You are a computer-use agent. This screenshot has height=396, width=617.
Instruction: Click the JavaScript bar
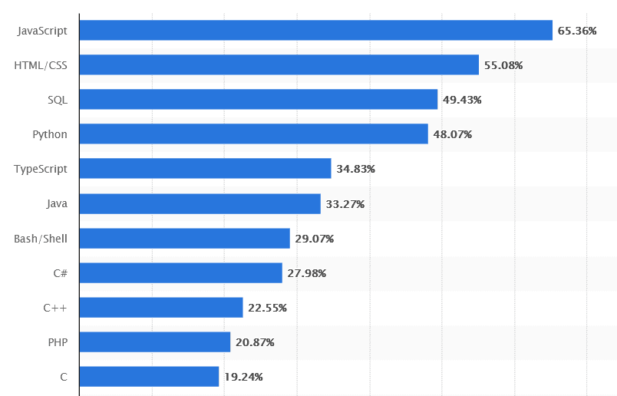[x=315, y=30]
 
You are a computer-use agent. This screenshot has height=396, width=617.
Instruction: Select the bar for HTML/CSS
[x=279, y=64]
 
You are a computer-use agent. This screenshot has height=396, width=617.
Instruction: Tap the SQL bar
[x=258, y=99]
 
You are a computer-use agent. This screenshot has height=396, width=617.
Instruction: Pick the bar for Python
[x=253, y=134]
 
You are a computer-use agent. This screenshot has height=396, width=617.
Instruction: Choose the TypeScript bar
[x=205, y=168]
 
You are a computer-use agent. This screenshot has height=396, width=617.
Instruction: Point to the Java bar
[x=200, y=203]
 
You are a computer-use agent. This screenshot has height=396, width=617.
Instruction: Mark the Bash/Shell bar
[x=184, y=238]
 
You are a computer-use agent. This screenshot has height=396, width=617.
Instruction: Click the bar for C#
[x=180, y=272]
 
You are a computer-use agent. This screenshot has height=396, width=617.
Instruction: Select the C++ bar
[x=160, y=307]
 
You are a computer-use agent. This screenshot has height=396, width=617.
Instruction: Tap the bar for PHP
[x=154, y=342]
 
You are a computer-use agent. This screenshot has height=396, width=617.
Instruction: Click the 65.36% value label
[x=577, y=31]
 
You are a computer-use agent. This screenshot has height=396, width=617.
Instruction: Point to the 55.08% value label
[x=503, y=65]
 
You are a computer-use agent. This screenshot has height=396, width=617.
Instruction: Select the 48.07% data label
[x=453, y=134]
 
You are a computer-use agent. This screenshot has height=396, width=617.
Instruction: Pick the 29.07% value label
[x=315, y=239]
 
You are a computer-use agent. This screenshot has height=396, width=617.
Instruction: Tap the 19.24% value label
[x=244, y=377]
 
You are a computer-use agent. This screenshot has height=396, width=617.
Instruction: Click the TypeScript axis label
[x=41, y=169]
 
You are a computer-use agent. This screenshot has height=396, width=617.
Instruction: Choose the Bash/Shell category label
[x=41, y=239]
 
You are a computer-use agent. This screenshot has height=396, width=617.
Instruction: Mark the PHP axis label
[x=58, y=342]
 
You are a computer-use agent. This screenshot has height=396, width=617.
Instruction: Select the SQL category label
[x=58, y=100]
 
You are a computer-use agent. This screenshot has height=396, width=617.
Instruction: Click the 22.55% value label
[x=267, y=308]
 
